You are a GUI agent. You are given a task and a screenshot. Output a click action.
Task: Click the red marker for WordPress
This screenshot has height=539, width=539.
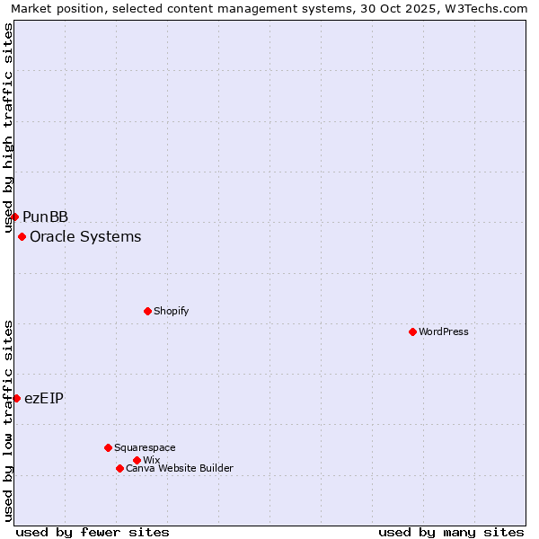tap(412, 331)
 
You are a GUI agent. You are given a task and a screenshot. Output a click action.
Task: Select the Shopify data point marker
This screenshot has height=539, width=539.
tap(147, 311)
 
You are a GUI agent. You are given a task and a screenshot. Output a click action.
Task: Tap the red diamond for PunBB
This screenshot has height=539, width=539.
tap(14, 216)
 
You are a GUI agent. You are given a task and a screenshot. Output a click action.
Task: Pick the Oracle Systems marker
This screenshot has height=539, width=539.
tap(22, 236)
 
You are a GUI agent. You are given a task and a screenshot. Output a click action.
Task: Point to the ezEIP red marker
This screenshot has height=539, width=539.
tap(16, 398)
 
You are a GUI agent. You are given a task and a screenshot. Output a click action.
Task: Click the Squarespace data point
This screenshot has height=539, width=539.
tap(108, 447)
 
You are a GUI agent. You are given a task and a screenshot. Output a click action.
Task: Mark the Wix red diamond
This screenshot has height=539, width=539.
tap(137, 460)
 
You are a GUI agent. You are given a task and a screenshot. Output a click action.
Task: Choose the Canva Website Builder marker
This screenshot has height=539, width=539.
tap(119, 468)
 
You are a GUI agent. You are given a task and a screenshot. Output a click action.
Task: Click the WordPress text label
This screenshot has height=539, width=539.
tap(444, 331)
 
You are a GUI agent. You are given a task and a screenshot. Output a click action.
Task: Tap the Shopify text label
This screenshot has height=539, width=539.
tap(171, 311)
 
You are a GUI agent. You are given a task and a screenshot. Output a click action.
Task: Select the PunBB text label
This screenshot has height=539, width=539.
tap(46, 216)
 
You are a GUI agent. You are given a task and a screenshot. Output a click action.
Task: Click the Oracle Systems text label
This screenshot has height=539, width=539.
tap(85, 236)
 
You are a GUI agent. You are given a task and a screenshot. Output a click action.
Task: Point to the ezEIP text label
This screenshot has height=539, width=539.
tap(44, 398)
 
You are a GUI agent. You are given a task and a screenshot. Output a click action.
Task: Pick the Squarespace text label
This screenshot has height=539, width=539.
tap(145, 447)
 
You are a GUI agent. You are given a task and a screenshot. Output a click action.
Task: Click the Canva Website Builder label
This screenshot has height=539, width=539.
tap(180, 468)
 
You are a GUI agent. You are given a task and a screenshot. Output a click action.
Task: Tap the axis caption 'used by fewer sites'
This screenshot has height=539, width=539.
tap(93, 532)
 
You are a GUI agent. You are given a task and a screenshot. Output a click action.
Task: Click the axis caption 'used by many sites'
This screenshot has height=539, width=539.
tap(451, 532)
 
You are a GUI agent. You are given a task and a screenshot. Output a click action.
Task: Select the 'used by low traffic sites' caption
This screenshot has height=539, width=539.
tap(9, 420)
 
